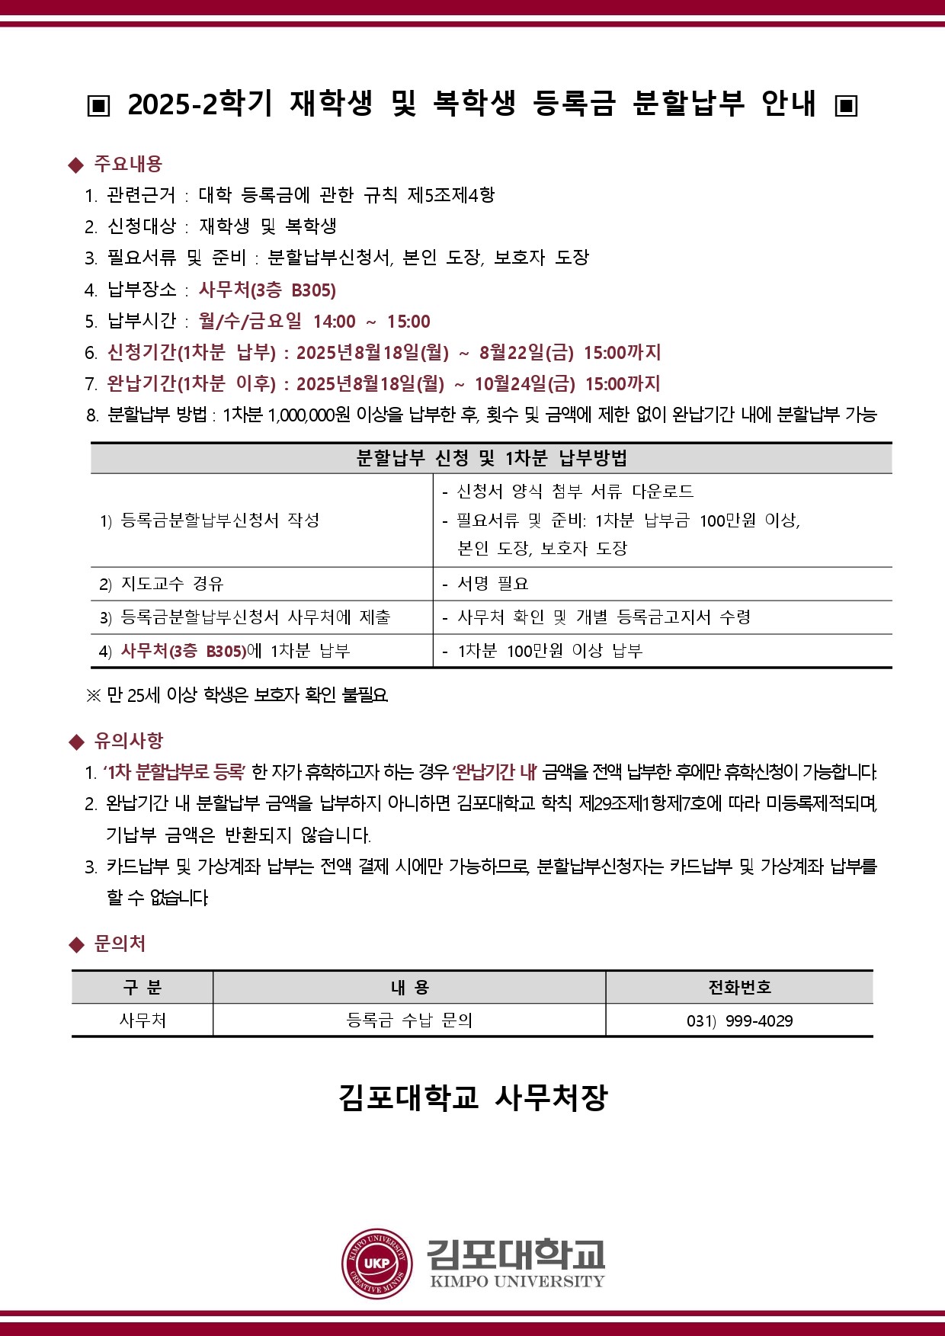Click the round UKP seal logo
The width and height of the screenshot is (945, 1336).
coord(377,1263)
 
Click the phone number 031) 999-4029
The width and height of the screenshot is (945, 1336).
coord(739,1020)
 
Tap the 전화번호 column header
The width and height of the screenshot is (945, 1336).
coord(739,988)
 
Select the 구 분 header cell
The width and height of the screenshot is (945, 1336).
coord(143,988)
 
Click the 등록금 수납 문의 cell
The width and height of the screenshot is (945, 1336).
coord(409,1020)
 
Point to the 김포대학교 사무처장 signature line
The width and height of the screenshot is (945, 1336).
coord(472,1097)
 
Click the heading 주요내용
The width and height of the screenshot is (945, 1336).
coord(128,164)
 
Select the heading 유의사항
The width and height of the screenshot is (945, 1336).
coord(128,741)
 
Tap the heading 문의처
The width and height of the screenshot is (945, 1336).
coord(120,944)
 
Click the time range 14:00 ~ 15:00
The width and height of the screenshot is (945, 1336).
coord(371,322)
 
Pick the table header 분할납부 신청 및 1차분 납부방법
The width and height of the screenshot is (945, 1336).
coord(492,458)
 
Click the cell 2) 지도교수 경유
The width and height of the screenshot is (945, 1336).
coord(162,584)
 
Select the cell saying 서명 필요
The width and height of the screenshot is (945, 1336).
coord(493,584)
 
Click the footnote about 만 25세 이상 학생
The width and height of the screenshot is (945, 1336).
coord(238,695)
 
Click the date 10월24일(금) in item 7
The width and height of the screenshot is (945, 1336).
coord(525,384)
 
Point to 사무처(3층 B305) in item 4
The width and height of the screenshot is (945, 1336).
coord(267,290)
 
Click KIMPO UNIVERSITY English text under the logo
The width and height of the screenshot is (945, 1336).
coord(517,1281)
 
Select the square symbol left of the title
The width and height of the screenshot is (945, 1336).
coord(98,105)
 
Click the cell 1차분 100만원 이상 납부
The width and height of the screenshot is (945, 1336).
coord(550,651)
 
